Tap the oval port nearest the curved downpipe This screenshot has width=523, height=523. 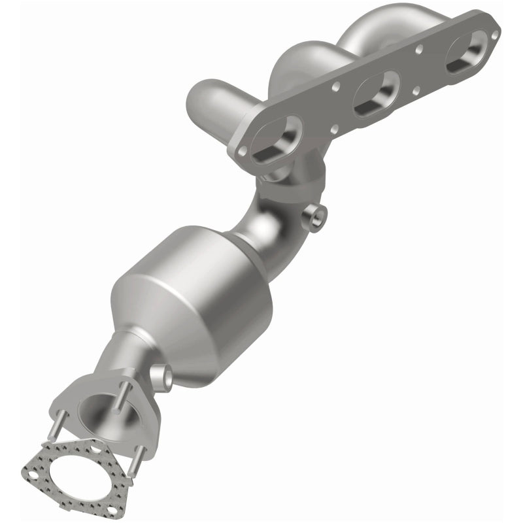(x=275, y=135)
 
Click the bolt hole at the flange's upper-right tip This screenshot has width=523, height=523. (x=496, y=33)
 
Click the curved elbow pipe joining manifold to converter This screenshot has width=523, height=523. (x=275, y=216)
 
